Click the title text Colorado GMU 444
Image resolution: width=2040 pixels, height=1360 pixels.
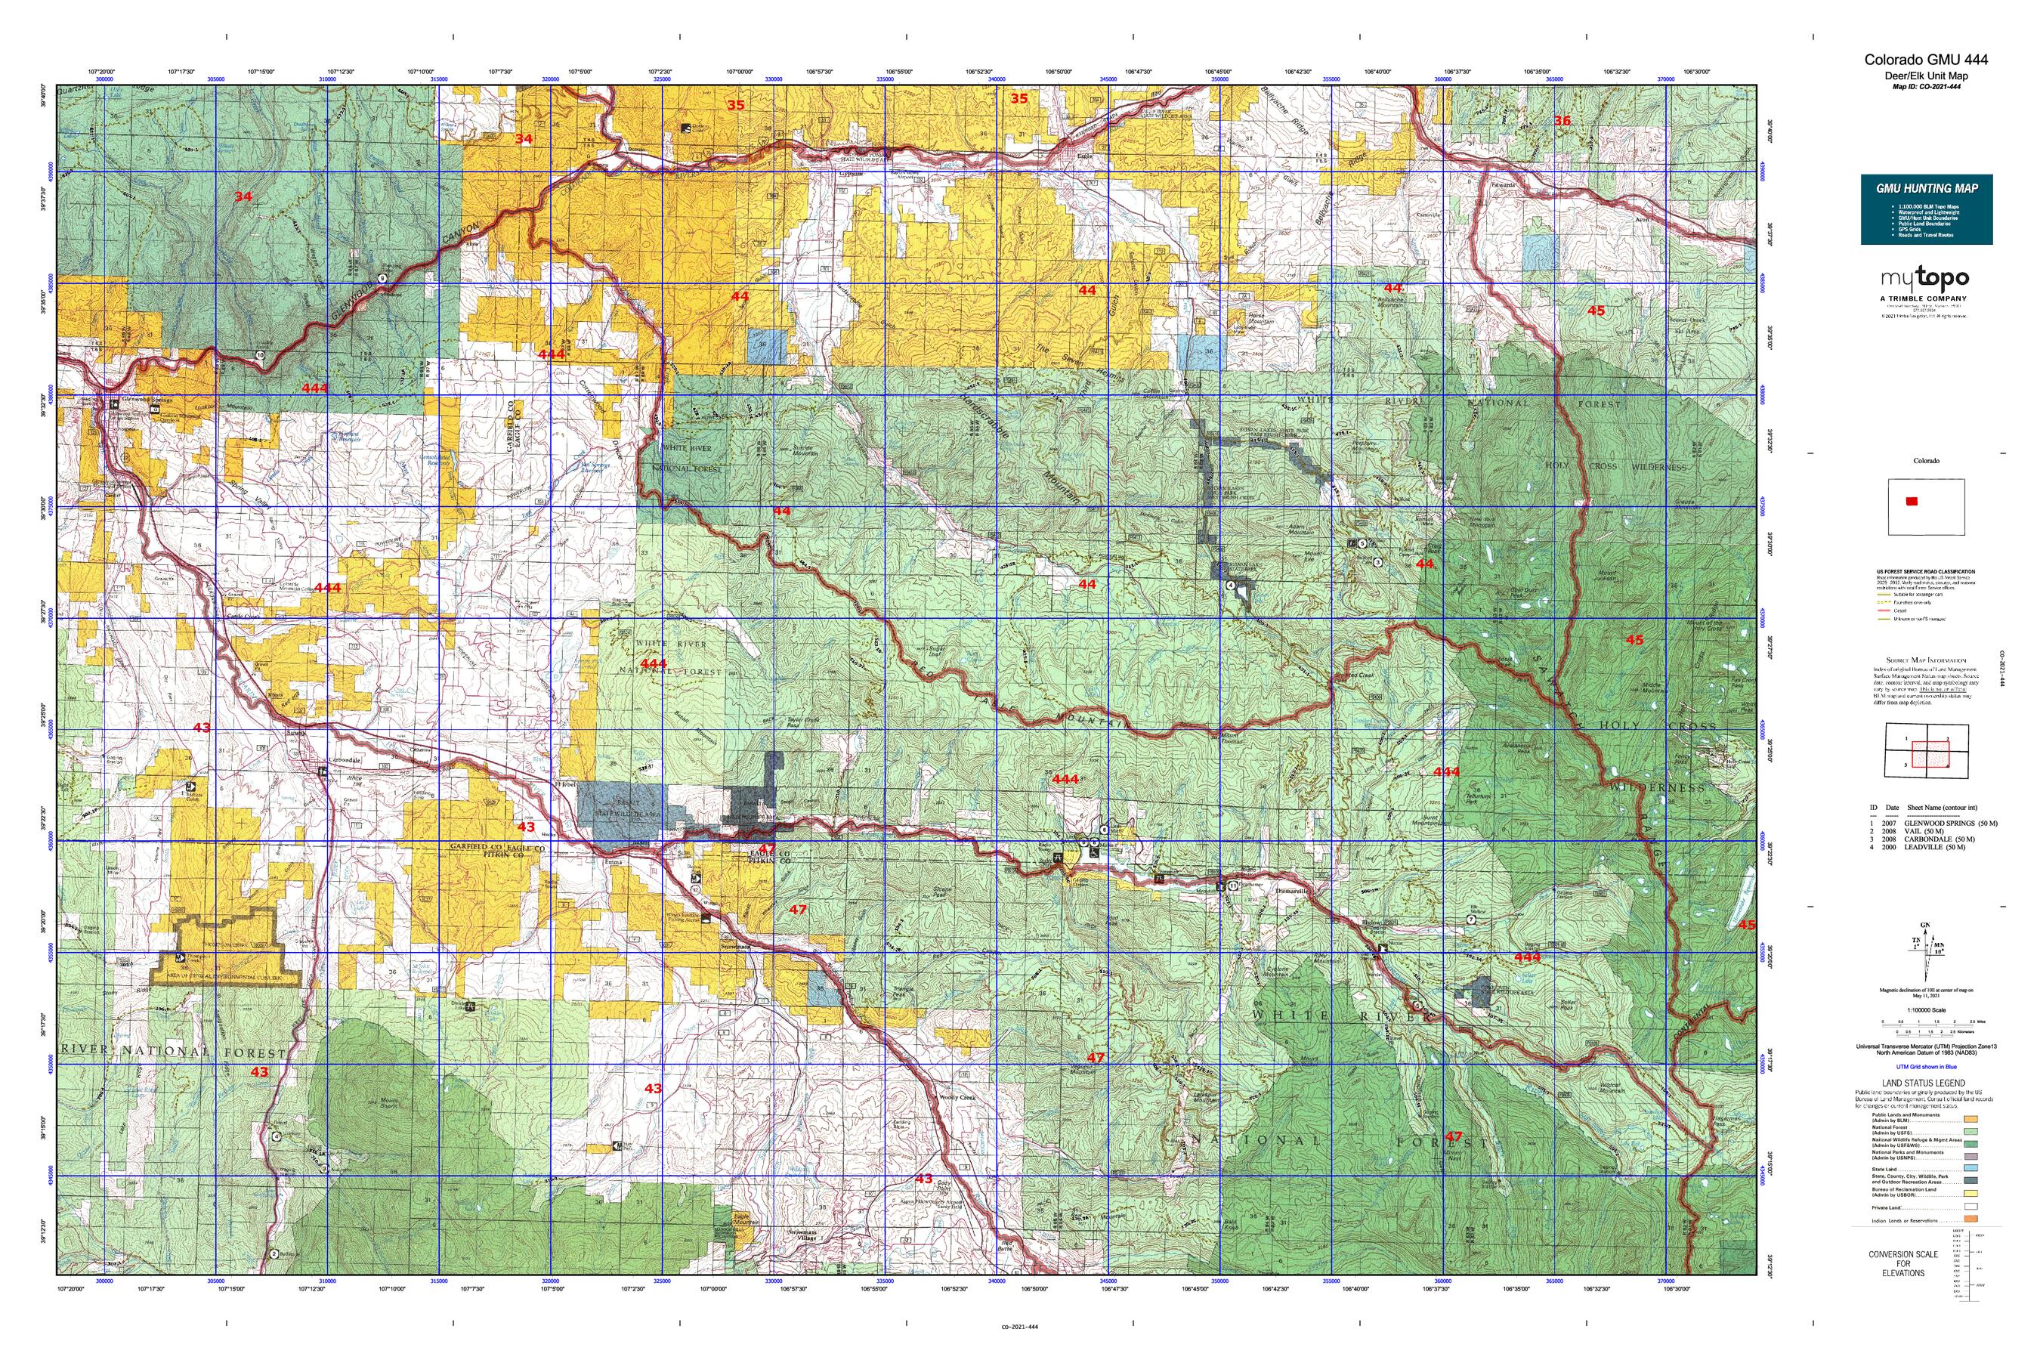click(1925, 60)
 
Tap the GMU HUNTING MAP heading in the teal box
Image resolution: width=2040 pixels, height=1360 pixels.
click(1927, 188)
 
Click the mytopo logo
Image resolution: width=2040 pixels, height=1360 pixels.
click(1924, 280)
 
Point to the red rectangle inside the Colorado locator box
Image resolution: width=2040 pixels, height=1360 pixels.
click(1912, 502)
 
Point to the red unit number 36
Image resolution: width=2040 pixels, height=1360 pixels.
click(1562, 122)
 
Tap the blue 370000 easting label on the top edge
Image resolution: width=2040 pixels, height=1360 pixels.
click(1665, 79)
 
